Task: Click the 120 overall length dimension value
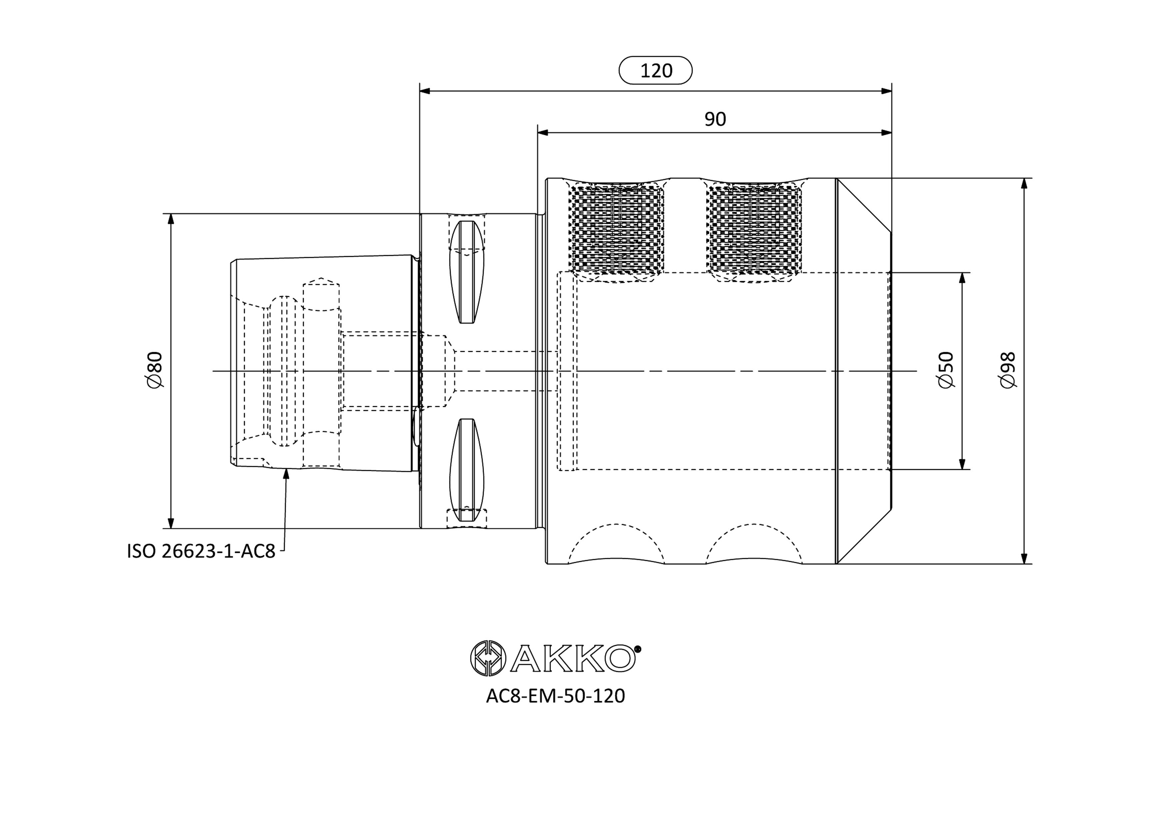656,71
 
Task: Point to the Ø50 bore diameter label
946,370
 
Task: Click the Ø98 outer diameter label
1008,370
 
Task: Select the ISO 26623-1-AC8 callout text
201,551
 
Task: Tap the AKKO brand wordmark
574,658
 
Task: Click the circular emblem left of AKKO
488,658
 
